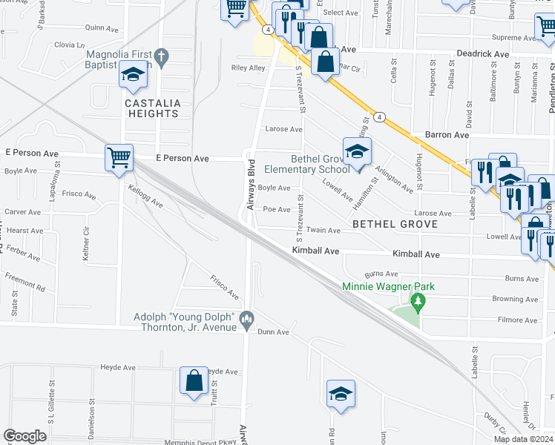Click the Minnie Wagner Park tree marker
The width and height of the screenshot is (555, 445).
pos(418,302)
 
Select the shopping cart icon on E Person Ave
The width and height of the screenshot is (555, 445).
pos(119,157)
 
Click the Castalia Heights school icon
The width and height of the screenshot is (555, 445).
pos(133,75)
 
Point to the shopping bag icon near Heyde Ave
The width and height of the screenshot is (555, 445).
pos(194,380)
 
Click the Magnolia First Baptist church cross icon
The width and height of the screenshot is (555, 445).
pos(162,56)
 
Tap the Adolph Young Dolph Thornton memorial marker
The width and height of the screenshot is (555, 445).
pos(247,319)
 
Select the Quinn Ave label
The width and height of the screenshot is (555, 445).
pos(102,27)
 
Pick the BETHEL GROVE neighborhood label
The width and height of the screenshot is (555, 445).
pos(394,223)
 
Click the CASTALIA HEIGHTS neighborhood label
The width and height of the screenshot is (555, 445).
pos(152,108)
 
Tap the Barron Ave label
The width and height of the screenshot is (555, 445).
pos(447,135)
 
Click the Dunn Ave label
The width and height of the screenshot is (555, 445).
pos(273,332)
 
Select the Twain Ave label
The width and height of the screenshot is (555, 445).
pos(323,231)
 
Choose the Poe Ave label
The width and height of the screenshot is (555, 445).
pos(277,209)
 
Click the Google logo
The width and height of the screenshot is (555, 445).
pos(24,436)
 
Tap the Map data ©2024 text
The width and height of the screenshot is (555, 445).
pos(522,439)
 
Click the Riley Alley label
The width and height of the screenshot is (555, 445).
pos(249,67)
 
